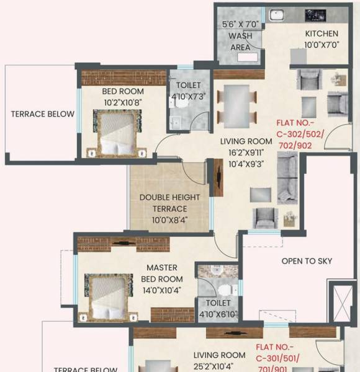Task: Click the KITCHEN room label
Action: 322,33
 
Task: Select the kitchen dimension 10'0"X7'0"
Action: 322,45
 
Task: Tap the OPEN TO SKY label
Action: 307,261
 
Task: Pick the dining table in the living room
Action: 236,104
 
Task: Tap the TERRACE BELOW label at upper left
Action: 42,114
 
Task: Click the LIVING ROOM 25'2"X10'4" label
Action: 219,360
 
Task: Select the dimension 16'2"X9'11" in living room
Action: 246,153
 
